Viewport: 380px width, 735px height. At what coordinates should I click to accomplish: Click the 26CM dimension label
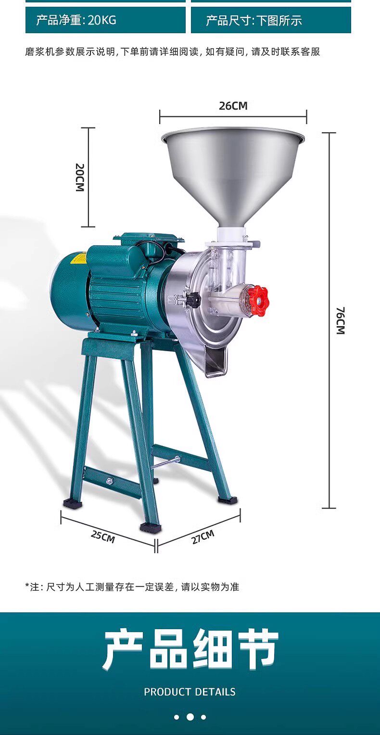(x=233, y=106)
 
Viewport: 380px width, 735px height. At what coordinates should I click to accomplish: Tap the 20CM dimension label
(x=80, y=177)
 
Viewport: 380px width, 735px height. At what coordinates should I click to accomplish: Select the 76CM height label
(x=341, y=320)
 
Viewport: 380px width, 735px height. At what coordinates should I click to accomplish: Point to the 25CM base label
(x=103, y=536)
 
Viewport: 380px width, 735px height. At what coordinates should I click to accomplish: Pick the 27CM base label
(x=203, y=537)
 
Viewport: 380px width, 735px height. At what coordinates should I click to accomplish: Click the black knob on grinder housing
(x=193, y=299)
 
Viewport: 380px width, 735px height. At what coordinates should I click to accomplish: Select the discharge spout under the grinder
(x=215, y=360)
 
